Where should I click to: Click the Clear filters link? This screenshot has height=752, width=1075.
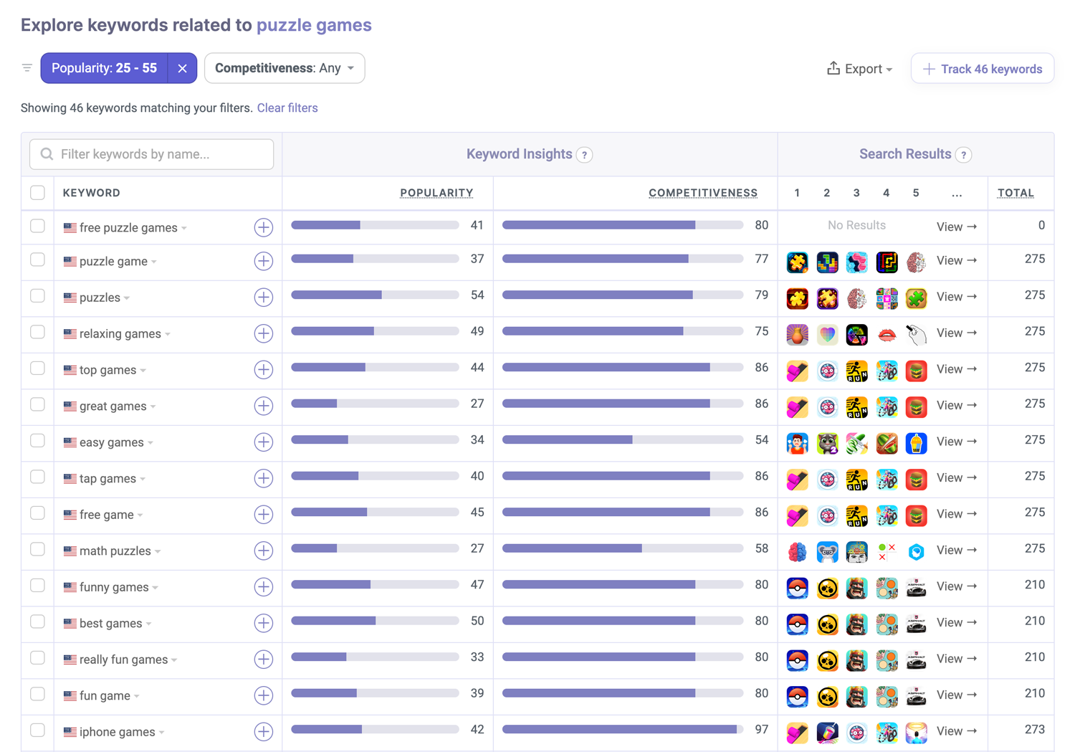point(287,108)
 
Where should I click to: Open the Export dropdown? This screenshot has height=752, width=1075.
point(859,69)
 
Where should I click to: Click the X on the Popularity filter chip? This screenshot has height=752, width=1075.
point(182,69)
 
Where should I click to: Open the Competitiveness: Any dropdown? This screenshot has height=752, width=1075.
point(285,68)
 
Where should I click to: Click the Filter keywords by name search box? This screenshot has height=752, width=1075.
point(152,154)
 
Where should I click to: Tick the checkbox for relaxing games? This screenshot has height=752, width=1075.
point(38,333)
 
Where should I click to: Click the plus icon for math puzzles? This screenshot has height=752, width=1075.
point(263,551)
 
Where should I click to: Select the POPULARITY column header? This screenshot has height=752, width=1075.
point(436,193)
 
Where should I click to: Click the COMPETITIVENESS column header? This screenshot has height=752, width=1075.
point(702,193)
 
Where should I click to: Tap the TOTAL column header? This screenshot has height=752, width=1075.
point(1016,193)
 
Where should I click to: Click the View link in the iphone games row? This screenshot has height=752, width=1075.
point(956,731)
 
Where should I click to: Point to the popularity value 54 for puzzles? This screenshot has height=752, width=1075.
point(477,295)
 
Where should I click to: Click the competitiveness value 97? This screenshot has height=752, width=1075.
point(761,730)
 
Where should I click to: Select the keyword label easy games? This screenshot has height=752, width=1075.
point(111,442)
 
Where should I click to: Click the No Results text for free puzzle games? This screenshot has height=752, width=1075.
point(856,226)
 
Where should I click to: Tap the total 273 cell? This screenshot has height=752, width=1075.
point(1034,730)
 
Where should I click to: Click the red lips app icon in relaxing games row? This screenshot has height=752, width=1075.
point(887,334)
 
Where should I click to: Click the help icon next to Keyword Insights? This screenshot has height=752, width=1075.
point(585,155)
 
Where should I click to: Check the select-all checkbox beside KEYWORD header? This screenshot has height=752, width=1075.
point(38,193)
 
